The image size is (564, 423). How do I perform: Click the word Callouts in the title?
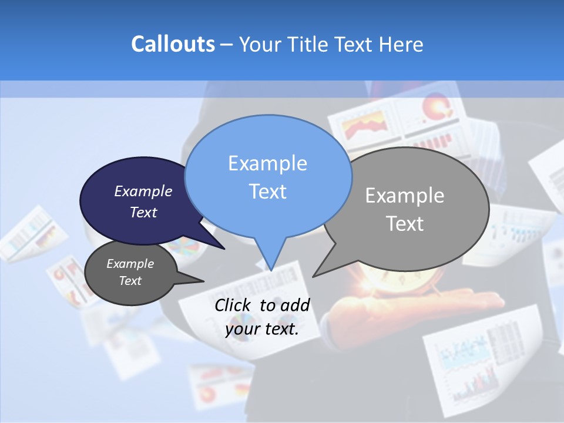[x=173, y=44]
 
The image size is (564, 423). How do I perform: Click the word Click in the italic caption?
[x=234, y=305]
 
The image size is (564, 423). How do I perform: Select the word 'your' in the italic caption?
[x=243, y=329]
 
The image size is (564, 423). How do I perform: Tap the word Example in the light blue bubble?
[x=267, y=163]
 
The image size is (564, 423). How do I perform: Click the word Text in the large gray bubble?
[x=405, y=224]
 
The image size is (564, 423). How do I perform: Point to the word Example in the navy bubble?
[x=143, y=191]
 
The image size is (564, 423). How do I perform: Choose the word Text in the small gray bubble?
[x=130, y=281]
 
